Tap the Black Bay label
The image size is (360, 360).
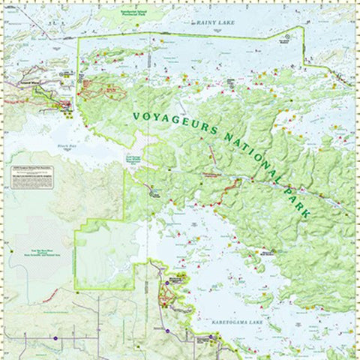click(67, 146)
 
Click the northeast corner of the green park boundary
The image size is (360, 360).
click(303, 28)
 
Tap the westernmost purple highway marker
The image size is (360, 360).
click(55, 338)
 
